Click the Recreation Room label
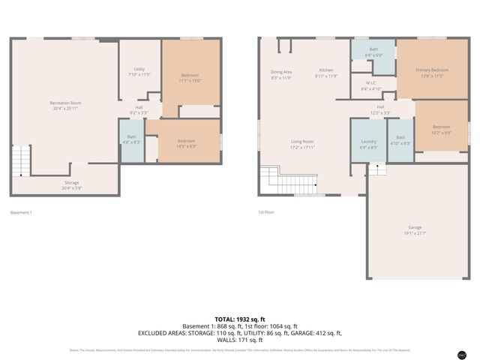click(65, 105)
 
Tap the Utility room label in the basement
click(139, 71)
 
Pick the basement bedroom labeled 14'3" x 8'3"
click(186, 143)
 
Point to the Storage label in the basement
click(71, 184)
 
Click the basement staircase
click(21, 160)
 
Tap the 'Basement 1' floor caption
click(21, 212)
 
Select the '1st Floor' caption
click(266, 212)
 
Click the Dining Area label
click(281, 74)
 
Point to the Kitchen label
click(325, 72)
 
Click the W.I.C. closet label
click(370, 85)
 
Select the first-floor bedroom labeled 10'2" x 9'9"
click(441, 129)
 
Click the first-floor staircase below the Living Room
click(288, 181)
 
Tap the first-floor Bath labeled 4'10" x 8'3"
click(400, 139)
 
